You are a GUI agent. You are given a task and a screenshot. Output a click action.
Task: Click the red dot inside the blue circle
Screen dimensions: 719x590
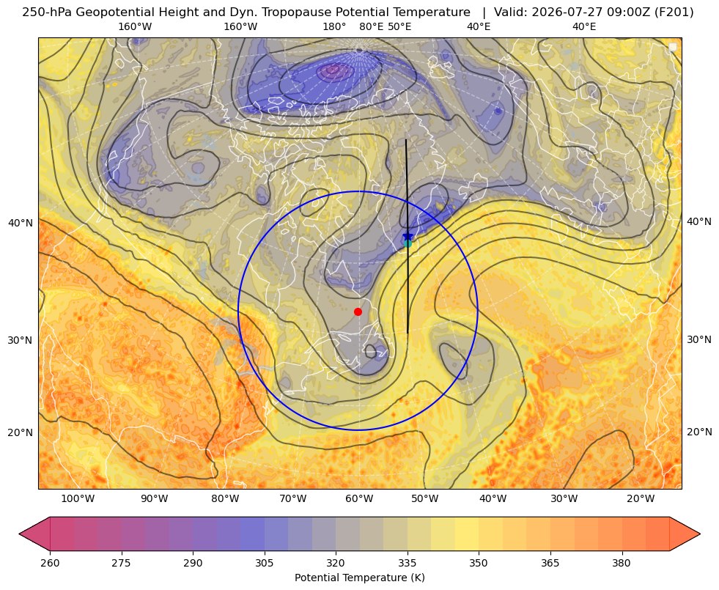coord(358,311)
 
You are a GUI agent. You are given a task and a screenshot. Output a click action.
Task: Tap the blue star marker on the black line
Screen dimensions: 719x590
coord(408,237)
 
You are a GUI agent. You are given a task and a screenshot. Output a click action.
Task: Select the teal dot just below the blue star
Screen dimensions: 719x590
coord(408,243)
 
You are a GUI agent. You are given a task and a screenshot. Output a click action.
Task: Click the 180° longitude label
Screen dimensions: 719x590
coord(334,26)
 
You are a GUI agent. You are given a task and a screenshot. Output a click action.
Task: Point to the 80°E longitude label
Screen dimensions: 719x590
coord(372,26)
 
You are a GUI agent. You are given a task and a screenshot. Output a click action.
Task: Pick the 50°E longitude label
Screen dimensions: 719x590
coord(399,26)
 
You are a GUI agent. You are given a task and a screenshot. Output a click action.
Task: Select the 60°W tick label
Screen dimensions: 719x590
coord(359,498)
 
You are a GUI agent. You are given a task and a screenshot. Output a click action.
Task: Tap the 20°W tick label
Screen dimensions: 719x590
coord(641,498)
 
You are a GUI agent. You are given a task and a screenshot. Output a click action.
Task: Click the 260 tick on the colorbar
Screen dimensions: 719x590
coord(50,563)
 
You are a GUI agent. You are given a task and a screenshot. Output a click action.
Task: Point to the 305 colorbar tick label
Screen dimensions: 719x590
coord(264,563)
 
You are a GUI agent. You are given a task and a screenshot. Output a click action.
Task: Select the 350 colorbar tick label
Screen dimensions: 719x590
coord(479,563)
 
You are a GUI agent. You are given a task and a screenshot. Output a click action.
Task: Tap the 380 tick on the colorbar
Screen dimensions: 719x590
coord(622,563)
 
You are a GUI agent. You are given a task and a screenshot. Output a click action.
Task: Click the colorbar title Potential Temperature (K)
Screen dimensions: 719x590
coord(359,578)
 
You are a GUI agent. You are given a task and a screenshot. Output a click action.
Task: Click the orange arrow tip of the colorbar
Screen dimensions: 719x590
coord(700,534)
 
